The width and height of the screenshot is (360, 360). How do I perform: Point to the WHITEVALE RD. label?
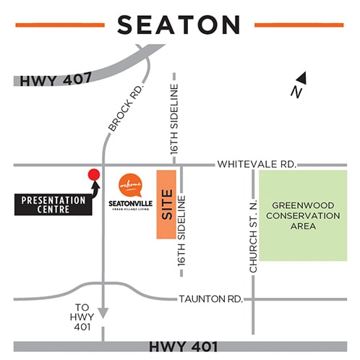click(257, 165)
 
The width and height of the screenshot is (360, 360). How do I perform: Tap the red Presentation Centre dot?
click(93, 174)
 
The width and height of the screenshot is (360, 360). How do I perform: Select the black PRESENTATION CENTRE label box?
click(53, 205)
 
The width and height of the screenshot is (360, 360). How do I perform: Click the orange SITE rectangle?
click(167, 205)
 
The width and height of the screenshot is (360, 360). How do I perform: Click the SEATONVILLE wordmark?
click(129, 202)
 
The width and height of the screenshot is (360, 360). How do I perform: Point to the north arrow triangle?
click(302, 77)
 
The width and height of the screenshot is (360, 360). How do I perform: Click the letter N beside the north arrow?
click(294, 91)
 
